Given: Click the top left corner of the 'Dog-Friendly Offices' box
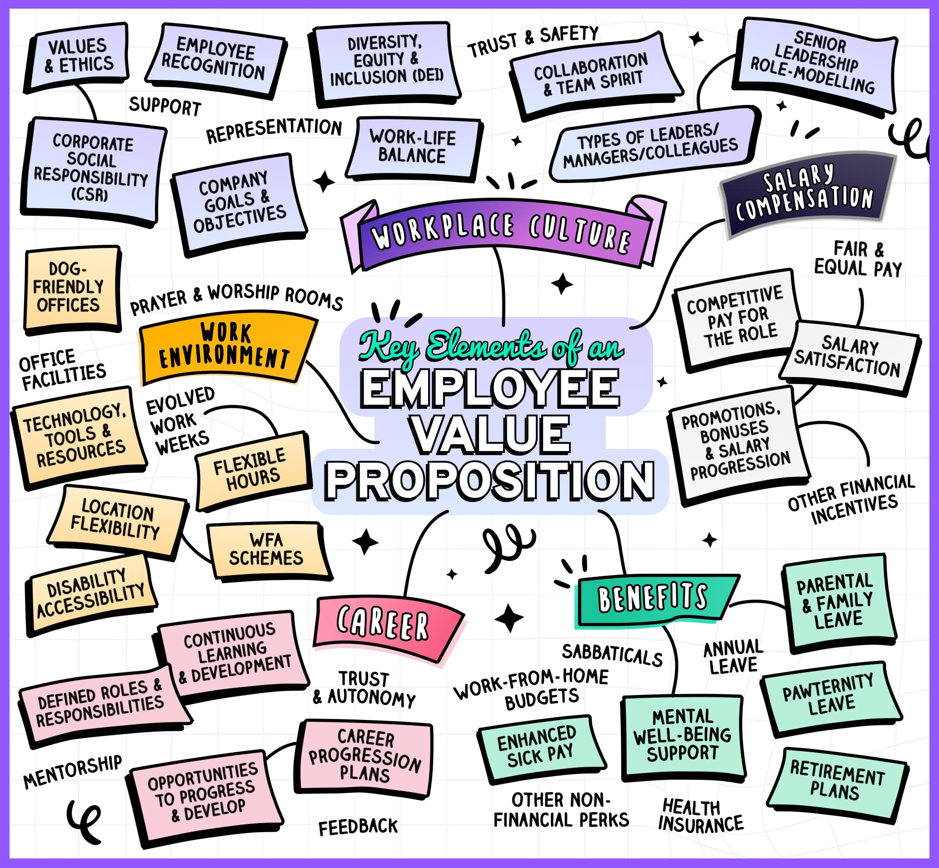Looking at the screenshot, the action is tap(27, 252).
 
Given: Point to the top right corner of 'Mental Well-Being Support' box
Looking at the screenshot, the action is tap(742, 697).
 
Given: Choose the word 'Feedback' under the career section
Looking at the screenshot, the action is tap(358, 827).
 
